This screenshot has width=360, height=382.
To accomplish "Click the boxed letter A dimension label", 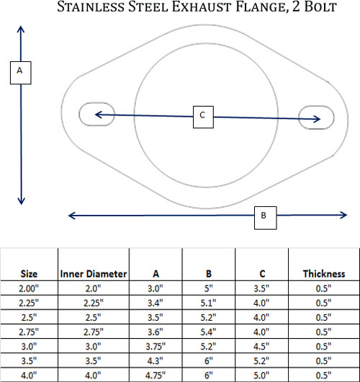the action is click(x=21, y=73).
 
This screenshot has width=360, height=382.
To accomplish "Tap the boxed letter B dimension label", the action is click(x=265, y=218).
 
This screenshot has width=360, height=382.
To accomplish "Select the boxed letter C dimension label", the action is click(x=203, y=117).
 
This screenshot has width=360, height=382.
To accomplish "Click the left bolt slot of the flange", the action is click(x=96, y=115).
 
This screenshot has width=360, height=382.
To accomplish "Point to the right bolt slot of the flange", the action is click(x=316, y=117).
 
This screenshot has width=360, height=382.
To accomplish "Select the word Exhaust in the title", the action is click(x=202, y=6).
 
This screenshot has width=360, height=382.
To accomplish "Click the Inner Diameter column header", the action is click(x=94, y=274).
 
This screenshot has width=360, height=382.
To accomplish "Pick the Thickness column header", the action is click(x=324, y=274).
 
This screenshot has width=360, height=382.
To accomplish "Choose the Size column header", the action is click(x=29, y=274).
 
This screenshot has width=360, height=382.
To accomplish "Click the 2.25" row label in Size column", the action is click(x=29, y=303).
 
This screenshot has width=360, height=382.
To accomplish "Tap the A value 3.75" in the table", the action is click(x=156, y=346).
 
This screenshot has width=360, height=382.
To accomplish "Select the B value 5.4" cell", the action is click(x=208, y=332).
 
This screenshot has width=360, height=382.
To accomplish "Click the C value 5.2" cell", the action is click(x=261, y=361).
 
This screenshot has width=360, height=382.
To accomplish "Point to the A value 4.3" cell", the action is click(x=156, y=361).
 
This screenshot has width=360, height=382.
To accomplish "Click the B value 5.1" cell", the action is click(x=208, y=303).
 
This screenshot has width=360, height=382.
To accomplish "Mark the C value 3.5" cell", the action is click(x=261, y=288).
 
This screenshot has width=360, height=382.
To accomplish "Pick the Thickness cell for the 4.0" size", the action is click(x=324, y=376).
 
